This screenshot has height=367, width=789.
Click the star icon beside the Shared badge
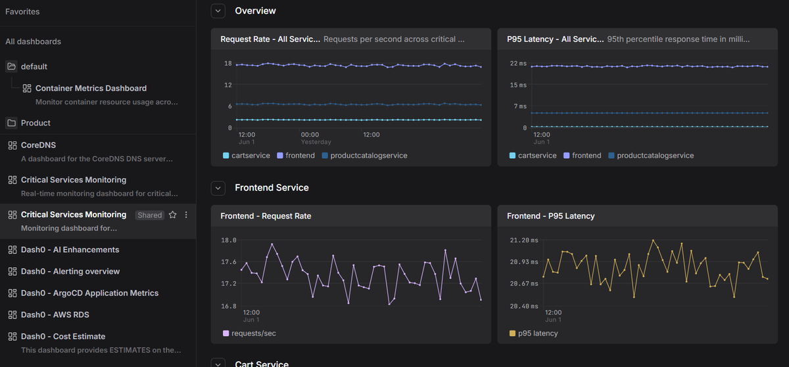pos(172,215)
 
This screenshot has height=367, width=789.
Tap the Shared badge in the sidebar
pos(150,215)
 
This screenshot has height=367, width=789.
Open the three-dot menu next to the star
pos(186,215)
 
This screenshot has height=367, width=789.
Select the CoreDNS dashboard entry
pos(38,145)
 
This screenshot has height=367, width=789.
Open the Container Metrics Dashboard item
pos(91,88)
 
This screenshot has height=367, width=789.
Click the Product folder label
pos(36,123)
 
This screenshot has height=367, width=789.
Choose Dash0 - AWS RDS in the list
pos(55,314)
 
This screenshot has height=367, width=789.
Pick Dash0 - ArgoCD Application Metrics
pos(89,293)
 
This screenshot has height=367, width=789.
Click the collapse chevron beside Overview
pos(218,11)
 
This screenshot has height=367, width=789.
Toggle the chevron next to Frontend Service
pos(218,188)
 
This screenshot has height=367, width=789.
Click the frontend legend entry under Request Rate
pos(296,156)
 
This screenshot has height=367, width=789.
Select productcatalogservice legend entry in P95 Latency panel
pos(651,156)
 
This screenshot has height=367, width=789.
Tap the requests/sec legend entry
pos(249,334)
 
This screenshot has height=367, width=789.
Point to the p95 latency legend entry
pos(534,334)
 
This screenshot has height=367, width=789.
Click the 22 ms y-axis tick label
pos(518,63)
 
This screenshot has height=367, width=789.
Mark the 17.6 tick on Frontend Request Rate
pos(229,262)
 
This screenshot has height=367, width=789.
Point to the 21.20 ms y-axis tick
pos(524,240)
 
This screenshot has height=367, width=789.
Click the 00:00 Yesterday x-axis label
pos(316,138)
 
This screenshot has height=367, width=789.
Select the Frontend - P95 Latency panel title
pos(550,216)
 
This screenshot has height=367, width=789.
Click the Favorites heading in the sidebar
pos(22,12)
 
